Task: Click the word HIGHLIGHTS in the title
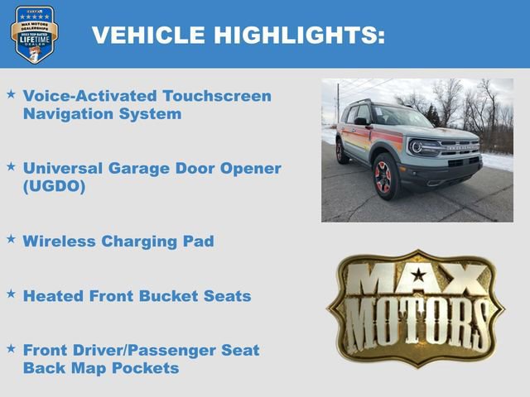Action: [x=301, y=35]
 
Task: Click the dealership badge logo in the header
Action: [x=34, y=34]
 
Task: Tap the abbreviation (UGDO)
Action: [x=55, y=186]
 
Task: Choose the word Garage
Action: [x=134, y=169]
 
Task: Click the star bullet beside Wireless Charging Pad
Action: [x=11, y=238]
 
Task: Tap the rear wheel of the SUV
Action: [x=341, y=152]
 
